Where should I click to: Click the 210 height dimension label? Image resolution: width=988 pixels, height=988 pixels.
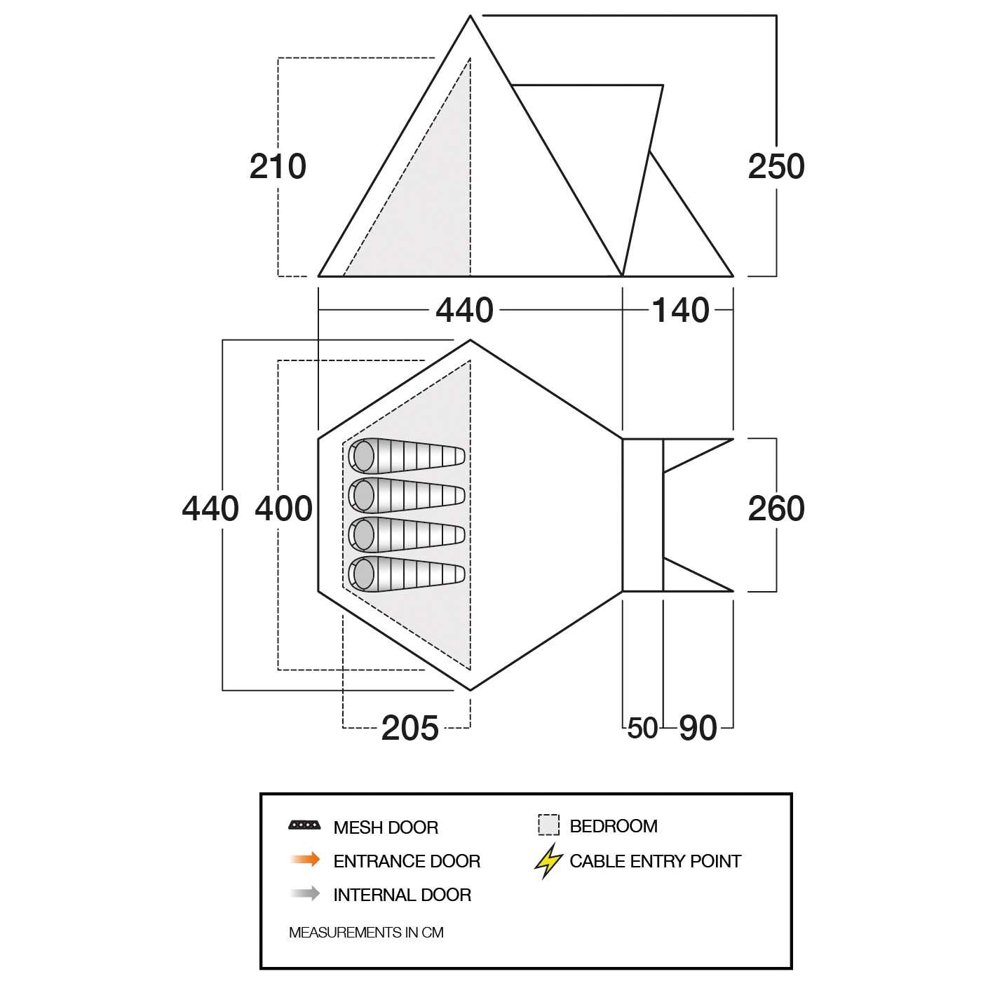(x=278, y=167)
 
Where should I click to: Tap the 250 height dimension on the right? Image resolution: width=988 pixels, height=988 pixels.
(x=776, y=167)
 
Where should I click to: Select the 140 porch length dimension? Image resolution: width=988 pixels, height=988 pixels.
(x=680, y=310)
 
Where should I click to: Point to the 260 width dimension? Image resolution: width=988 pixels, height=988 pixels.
(x=776, y=509)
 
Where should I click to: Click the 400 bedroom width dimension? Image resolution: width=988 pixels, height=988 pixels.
(x=284, y=509)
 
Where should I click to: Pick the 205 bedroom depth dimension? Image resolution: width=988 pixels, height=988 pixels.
(x=410, y=729)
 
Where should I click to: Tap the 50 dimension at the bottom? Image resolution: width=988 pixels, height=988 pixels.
(x=642, y=729)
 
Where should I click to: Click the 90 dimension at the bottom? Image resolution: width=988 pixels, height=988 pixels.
(x=698, y=729)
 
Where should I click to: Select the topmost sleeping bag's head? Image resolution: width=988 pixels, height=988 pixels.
(x=363, y=456)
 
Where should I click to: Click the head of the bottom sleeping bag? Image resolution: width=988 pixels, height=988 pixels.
(x=363, y=574)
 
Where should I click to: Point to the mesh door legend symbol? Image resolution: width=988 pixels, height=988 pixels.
(x=304, y=825)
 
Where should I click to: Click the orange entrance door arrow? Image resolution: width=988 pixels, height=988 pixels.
(x=305, y=860)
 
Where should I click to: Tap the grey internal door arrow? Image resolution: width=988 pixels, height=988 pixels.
(x=305, y=893)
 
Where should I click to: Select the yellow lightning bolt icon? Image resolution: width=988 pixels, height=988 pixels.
(x=548, y=861)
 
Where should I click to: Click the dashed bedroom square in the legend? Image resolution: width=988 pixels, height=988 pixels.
(x=548, y=825)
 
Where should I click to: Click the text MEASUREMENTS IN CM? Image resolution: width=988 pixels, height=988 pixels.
(x=366, y=933)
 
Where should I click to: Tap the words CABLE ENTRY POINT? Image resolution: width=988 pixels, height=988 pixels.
(x=655, y=861)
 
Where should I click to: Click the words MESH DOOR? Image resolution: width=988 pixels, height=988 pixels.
(x=386, y=827)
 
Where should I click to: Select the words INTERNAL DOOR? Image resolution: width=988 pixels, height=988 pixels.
(x=402, y=895)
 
